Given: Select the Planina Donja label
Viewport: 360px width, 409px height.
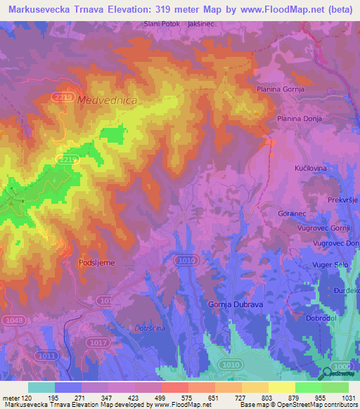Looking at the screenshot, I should click(x=300, y=119).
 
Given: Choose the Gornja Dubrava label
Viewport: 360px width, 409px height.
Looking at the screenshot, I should click(x=236, y=304).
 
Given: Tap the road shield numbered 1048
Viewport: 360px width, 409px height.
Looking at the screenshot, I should click(x=12, y=320).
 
